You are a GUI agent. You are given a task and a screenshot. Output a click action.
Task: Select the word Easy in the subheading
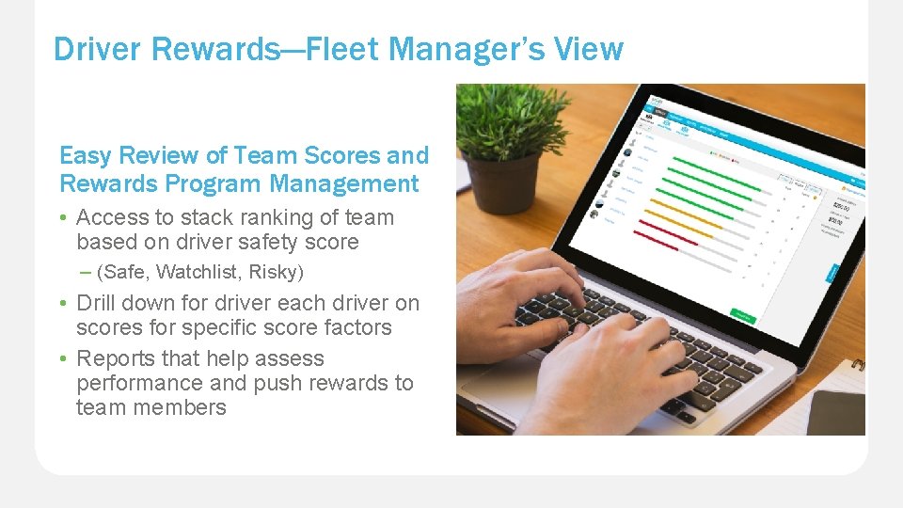(84, 156)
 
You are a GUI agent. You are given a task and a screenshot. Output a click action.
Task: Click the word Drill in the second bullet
(95, 303)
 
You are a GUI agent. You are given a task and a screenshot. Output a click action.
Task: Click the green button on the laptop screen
(743, 318)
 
